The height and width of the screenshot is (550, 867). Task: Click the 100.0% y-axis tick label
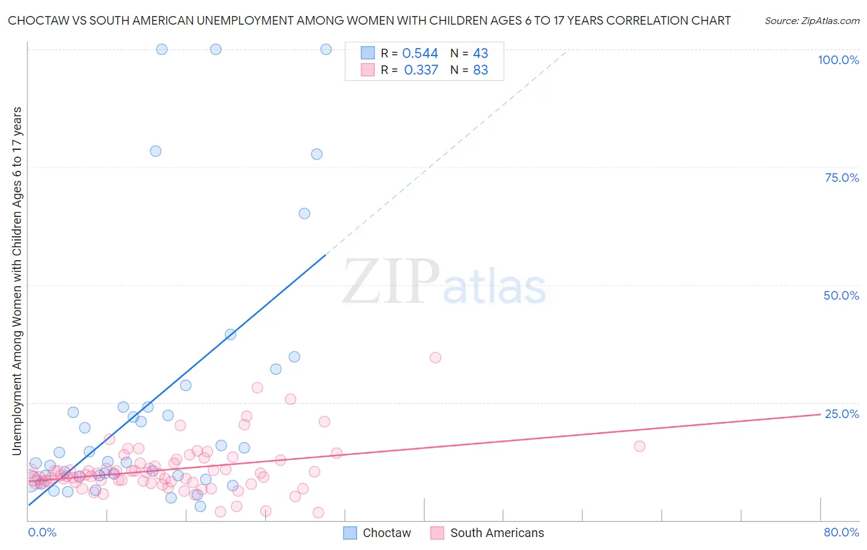(838, 60)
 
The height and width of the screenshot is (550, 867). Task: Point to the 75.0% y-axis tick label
(842, 178)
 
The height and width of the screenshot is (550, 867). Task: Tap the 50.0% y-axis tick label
(841, 295)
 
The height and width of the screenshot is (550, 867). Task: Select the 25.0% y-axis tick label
(842, 414)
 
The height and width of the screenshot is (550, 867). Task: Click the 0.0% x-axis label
(42, 532)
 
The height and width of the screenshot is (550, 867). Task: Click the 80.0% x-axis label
(841, 532)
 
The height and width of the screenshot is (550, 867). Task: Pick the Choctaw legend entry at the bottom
(377, 533)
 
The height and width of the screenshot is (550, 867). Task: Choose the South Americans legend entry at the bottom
(487, 533)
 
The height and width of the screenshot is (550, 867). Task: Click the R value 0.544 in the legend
(420, 54)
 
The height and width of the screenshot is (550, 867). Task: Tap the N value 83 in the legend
(480, 70)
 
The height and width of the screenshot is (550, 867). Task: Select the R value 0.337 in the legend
(421, 70)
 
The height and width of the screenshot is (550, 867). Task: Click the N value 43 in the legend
(480, 54)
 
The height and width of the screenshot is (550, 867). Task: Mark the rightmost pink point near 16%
(639, 446)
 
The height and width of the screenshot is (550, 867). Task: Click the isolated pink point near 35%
(435, 358)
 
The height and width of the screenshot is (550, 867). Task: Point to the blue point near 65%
(304, 213)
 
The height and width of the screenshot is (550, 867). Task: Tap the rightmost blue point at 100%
(326, 49)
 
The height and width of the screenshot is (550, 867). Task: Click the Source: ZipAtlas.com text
(812, 20)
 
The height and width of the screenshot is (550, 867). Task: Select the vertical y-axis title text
(17, 281)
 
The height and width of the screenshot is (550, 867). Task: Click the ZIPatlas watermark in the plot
(444, 282)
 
